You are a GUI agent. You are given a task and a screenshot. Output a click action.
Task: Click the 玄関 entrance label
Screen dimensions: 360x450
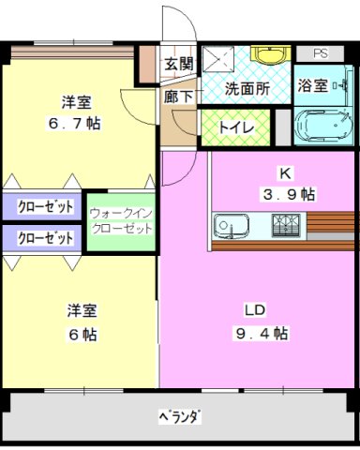[x=179, y=65]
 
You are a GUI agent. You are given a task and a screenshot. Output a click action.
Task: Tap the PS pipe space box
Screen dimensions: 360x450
[x=320, y=53]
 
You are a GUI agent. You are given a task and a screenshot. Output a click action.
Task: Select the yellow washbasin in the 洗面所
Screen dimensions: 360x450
[x=271, y=54]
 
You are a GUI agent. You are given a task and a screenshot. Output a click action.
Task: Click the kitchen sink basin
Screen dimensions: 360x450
[x=232, y=226]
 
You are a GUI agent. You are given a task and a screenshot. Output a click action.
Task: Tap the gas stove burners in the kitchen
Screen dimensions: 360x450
[x=286, y=226]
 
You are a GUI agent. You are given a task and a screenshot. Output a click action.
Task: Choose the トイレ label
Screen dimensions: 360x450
[x=237, y=127]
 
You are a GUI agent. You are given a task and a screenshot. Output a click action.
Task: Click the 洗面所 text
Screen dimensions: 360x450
[x=247, y=89]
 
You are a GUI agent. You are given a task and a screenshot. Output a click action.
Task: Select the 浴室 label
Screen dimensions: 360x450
[x=312, y=85]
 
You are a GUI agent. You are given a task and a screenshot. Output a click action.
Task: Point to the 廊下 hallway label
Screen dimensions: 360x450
[x=178, y=97]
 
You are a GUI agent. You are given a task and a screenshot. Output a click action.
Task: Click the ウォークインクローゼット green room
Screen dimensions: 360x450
[x=121, y=222]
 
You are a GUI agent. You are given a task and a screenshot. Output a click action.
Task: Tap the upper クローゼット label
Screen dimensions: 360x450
[x=46, y=207]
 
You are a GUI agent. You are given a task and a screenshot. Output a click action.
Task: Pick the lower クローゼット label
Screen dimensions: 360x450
[x=46, y=238]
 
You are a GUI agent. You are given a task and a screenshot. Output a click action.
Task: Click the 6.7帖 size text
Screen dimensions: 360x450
[x=74, y=124]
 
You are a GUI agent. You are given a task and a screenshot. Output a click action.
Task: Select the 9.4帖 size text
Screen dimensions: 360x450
[x=262, y=333]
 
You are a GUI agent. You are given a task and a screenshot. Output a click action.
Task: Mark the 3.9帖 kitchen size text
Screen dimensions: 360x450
[x=289, y=194]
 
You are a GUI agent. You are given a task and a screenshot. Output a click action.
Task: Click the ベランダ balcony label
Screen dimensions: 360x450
[x=179, y=416]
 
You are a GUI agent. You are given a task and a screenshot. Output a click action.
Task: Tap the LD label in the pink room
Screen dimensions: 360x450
[x=255, y=310]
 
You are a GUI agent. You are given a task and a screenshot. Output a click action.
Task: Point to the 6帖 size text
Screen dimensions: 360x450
[x=82, y=335]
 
